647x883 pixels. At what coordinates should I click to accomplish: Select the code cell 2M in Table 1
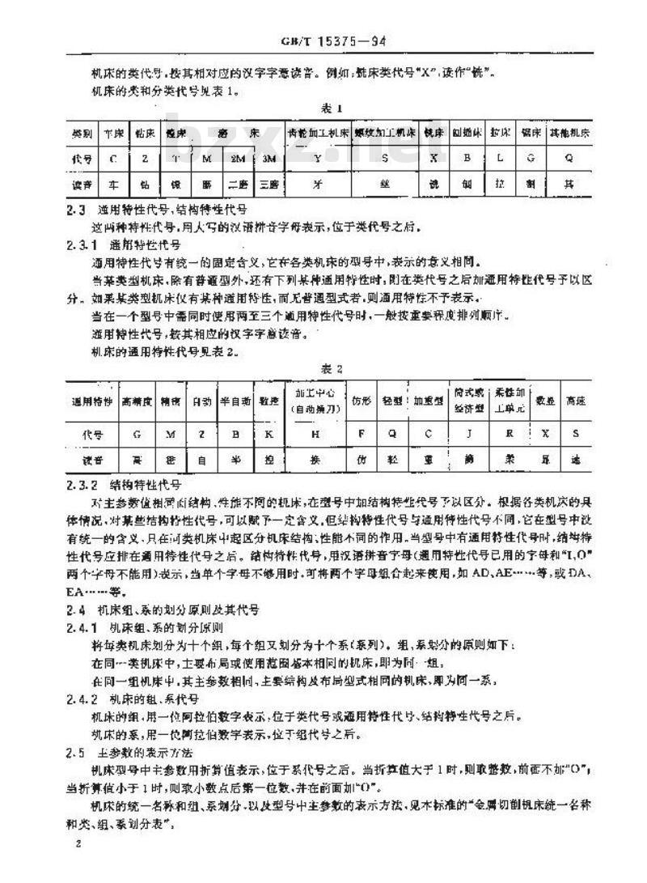(x=237, y=159)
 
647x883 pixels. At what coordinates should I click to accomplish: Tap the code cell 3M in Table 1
(x=269, y=159)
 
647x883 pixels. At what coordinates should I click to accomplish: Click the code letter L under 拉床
(x=500, y=159)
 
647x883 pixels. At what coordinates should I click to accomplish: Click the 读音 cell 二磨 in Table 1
(x=237, y=185)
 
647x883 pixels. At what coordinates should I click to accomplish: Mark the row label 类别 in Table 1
(x=82, y=132)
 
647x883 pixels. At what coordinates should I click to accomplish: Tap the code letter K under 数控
(x=268, y=434)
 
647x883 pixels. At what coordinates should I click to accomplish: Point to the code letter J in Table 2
(x=468, y=434)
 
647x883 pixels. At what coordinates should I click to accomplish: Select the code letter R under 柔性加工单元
(x=510, y=434)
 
